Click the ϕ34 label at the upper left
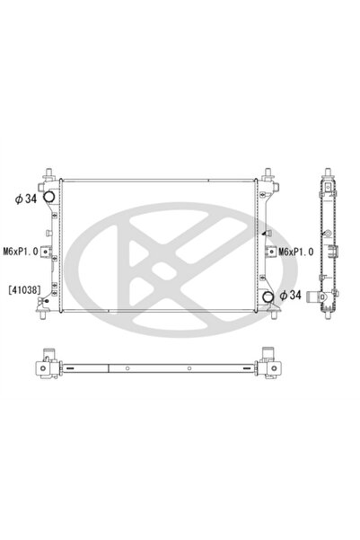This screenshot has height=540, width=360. (26, 199)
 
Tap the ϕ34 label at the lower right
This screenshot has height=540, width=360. (291, 295)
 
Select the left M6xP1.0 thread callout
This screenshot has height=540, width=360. (21, 252)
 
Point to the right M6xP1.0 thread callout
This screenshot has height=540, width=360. (296, 252)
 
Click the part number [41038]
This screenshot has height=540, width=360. (24, 290)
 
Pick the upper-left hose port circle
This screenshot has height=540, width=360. (48, 197)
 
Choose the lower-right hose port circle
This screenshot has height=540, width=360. (268, 297)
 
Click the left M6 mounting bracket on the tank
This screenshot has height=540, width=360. (46, 252)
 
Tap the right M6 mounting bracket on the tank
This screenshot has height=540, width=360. (271, 252)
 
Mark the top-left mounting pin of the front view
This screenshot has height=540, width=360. (48, 173)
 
